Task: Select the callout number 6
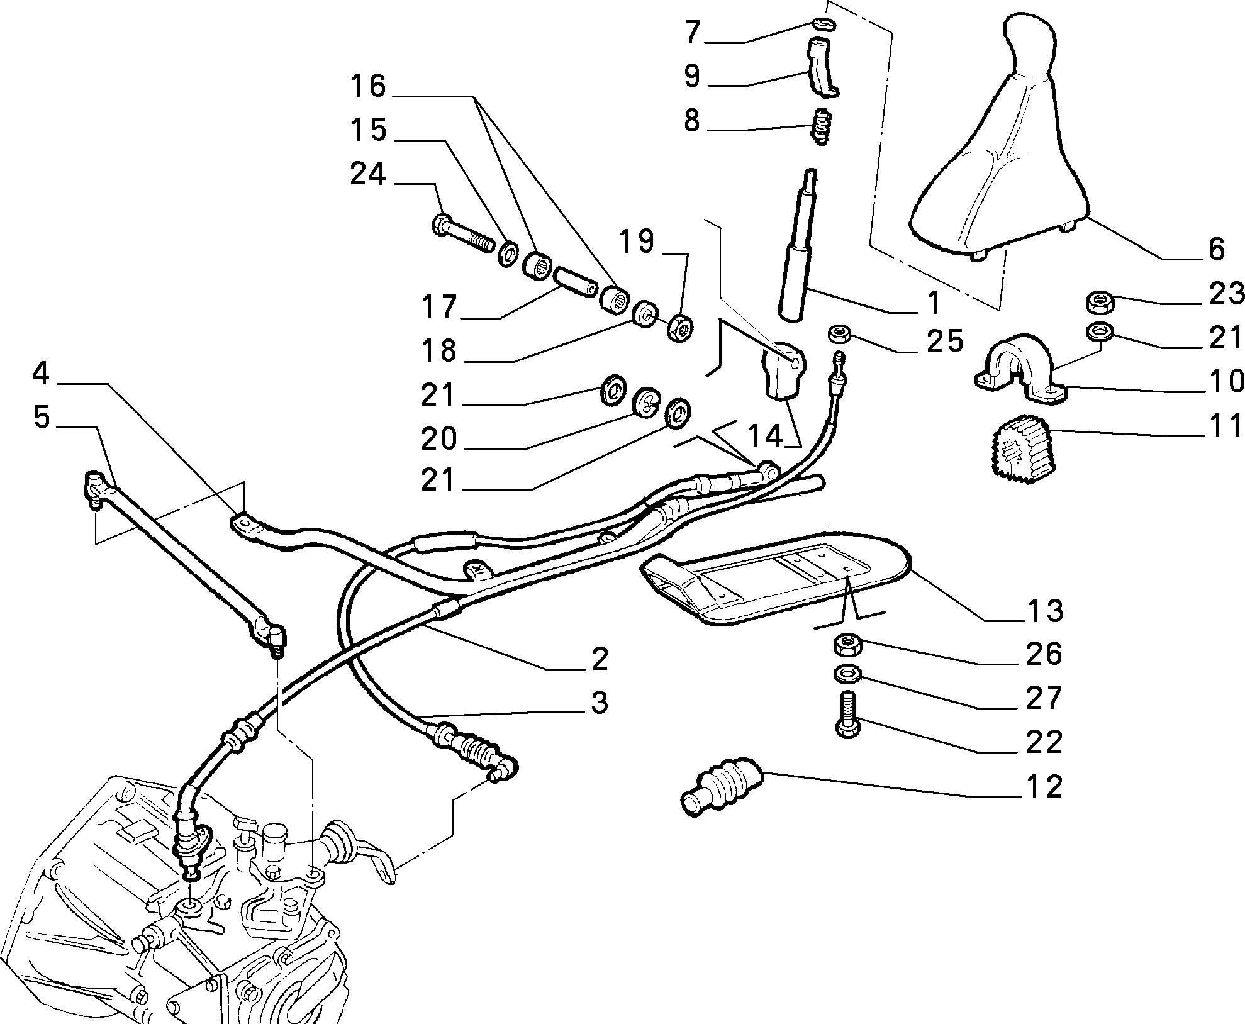point(1217,249)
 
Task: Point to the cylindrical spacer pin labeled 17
point(575,282)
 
